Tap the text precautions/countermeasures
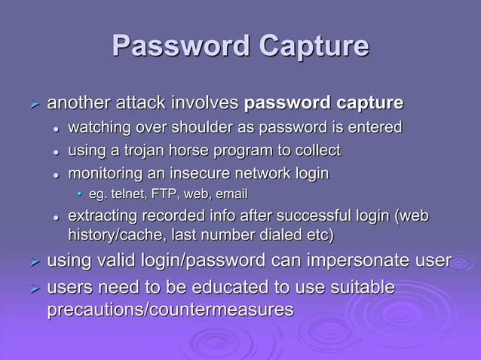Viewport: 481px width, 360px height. [x=170, y=309]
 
